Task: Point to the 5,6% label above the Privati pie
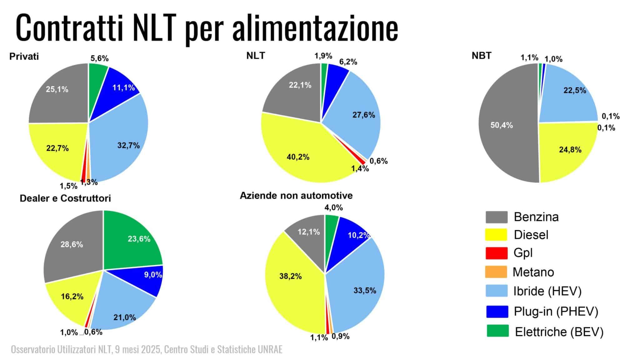99,58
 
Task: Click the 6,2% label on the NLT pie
348,62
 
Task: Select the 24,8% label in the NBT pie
570,150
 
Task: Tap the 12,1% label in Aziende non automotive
308,232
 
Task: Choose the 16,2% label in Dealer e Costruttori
72,296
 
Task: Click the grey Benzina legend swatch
496,217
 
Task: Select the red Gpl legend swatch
496,253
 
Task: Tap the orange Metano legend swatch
496,272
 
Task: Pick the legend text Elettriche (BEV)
559,332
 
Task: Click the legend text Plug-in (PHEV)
556,312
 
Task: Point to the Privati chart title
24,57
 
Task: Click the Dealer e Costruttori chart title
65,198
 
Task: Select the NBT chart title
482,56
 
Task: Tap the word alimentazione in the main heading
315,27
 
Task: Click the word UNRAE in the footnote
271,349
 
